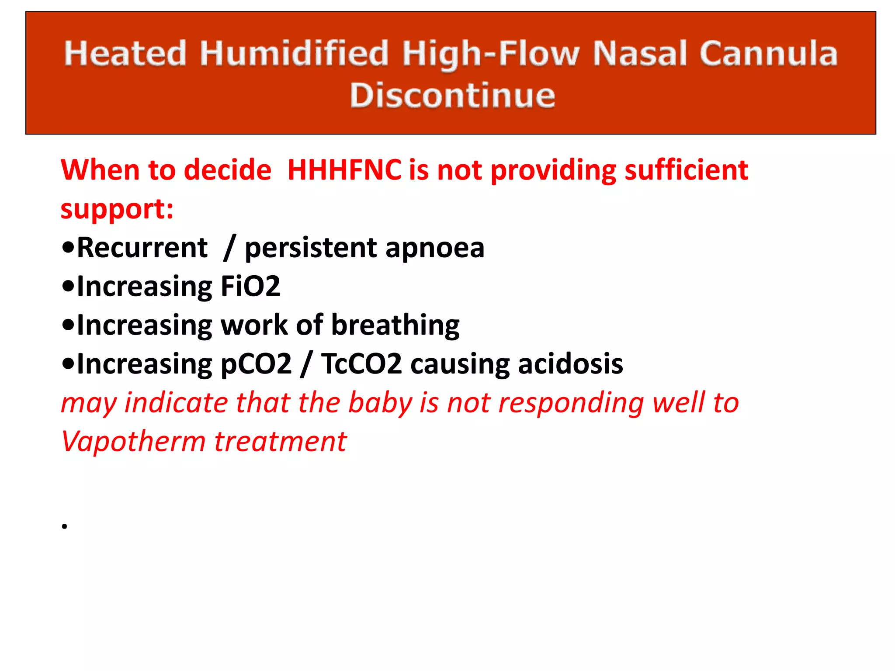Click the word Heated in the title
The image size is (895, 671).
point(125,53)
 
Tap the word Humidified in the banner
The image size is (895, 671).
point(294,53)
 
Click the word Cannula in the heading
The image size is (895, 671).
point(768,53)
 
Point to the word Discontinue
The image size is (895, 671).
point(452,95)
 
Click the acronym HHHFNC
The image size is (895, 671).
point(344,169)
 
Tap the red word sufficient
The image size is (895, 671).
point(686,169)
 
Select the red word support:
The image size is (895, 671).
point(117,208)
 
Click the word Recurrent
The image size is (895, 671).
point(142,248)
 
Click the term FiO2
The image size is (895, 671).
point(250,287)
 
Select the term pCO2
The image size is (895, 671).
point(256,364)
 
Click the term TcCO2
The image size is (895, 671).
point(361,364)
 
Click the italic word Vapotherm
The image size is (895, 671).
point(133,441)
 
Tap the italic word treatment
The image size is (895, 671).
point(281,441)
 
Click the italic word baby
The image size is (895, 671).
point(380,403)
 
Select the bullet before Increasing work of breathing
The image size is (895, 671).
point(68,325)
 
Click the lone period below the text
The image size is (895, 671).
point(64,526)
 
